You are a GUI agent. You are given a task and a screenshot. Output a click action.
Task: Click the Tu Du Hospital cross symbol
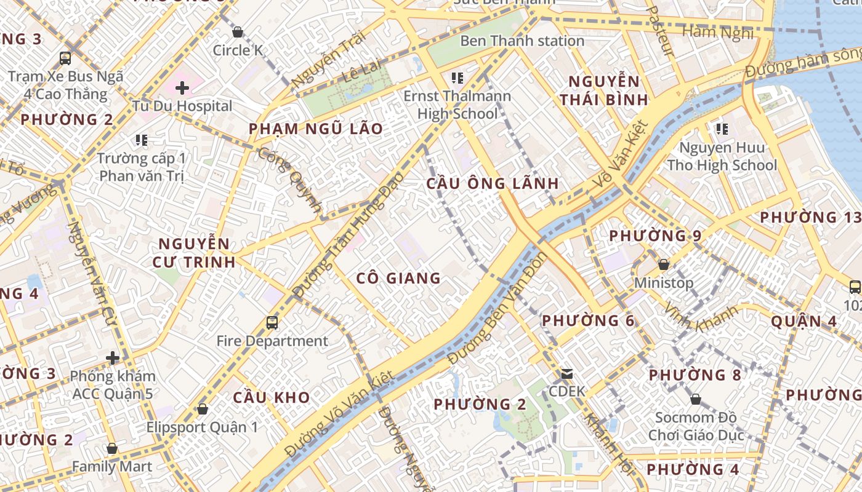pos(182,88)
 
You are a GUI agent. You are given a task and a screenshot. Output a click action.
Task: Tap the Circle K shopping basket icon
pos(238,32)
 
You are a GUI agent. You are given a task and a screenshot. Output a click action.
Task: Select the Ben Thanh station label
pos(522,41)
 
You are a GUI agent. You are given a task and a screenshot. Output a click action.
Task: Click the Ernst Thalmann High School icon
pos(457,78)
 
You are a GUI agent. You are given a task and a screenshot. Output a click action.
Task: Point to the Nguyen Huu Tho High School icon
pos(722,129)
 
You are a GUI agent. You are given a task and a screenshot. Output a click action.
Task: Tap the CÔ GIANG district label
pos(398,279)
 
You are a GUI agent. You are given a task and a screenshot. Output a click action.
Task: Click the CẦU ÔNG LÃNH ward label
pos(493,183)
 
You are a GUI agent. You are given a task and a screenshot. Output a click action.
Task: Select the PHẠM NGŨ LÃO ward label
pos(316,129)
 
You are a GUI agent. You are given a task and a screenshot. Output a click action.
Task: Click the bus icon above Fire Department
pos(272,322)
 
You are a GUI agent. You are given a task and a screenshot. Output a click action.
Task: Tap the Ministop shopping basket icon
pos(663,265)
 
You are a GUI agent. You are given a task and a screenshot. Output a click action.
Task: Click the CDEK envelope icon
pos(566,373)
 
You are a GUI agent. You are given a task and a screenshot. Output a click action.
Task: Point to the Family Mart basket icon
pos(111,448)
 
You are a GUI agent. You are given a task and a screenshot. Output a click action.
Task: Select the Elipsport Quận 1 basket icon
pos(202,408)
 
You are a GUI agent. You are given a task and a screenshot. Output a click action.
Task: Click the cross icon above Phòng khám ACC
pos(113,357)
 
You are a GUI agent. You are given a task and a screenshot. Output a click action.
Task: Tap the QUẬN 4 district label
pos(805,321)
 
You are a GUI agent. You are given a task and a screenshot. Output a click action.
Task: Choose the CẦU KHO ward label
pos(272,397)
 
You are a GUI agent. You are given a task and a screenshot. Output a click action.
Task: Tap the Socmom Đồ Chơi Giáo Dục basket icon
pos(696,399)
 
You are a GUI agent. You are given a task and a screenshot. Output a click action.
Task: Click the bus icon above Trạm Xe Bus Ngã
pos(65,58)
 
